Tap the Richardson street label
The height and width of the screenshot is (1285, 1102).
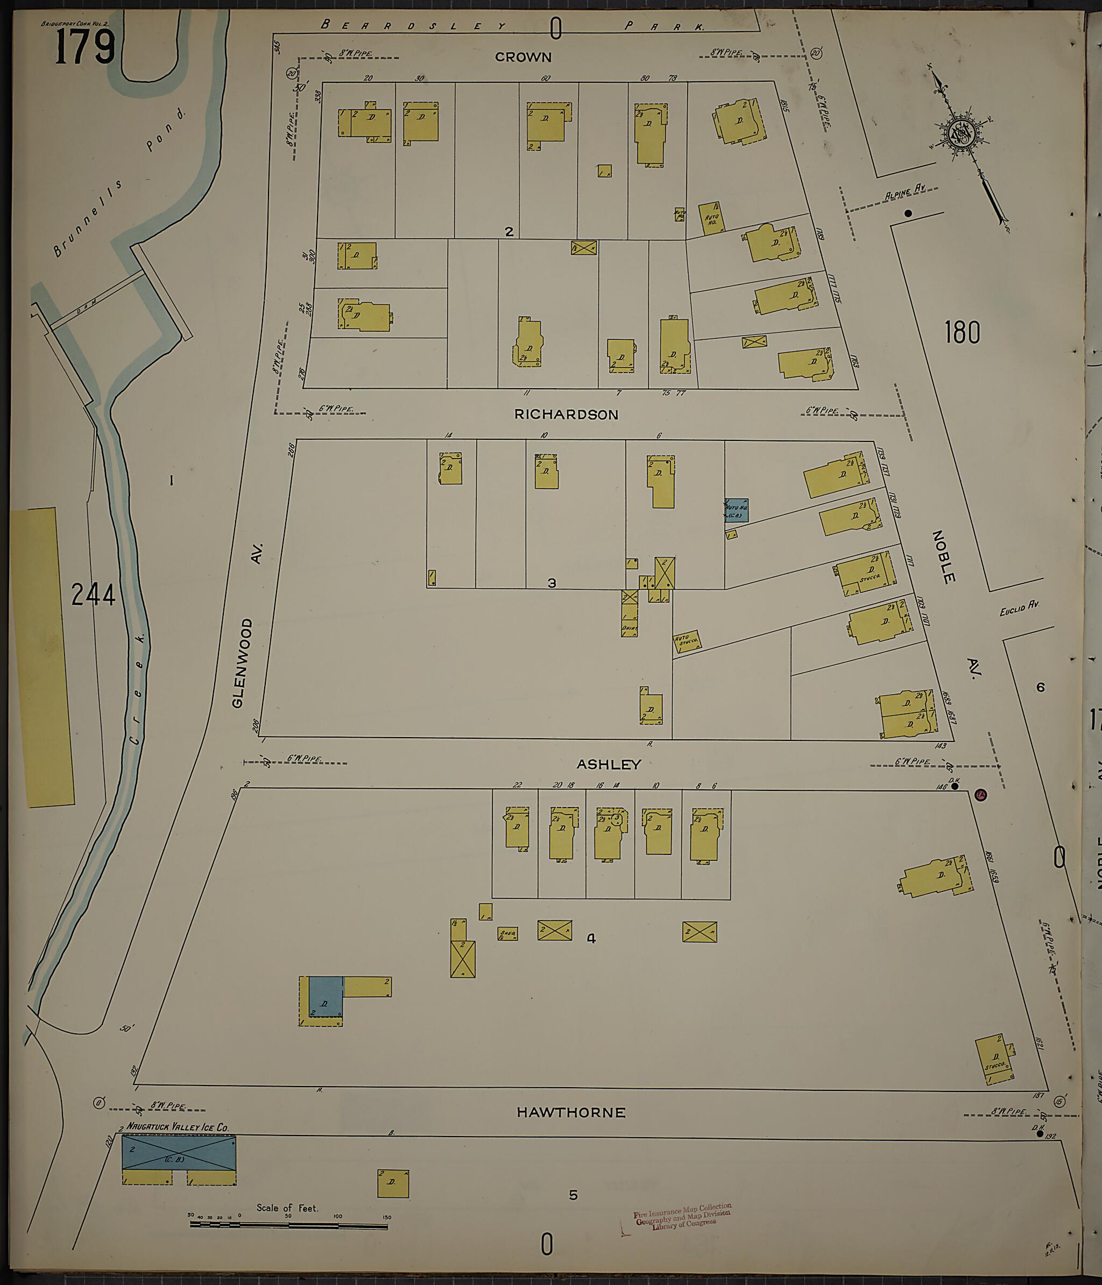coord(566,415)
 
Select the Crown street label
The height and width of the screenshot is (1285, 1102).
coord(523,57)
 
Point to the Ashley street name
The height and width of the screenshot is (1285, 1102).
coord(608,764)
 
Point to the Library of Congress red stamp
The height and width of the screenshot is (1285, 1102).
coord(682,1216)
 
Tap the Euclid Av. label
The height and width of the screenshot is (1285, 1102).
coord(1019,607)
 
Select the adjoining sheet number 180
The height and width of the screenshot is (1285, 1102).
coord(962,332)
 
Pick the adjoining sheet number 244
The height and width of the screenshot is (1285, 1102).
coord(93,595)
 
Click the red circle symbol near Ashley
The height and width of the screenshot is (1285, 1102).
coord(980,795)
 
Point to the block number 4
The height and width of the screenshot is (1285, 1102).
coord(591,939)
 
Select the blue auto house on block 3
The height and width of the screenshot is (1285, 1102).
coord(737,510)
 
